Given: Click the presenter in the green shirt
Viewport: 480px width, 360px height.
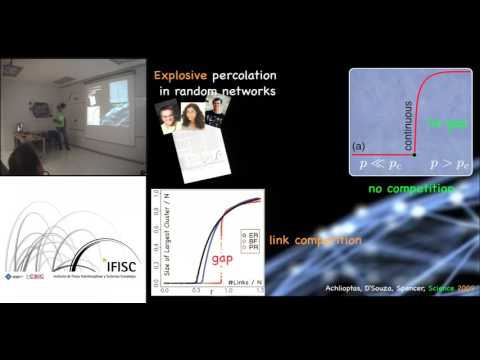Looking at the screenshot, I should click(59, 124).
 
